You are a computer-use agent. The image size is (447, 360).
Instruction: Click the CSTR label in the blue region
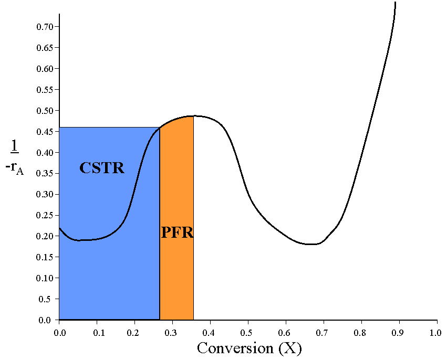(x=102, y=168)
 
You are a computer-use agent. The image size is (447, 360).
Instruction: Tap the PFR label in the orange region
(x=177, y=232)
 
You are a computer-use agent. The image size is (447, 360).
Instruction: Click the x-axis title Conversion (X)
(x=250, y=348)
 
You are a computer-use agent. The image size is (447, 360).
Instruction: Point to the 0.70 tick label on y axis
(x=45, y=26)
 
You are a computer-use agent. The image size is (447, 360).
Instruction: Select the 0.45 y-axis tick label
(x=45, y=131)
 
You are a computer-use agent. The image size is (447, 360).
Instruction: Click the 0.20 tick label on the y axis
(x=45, y=236)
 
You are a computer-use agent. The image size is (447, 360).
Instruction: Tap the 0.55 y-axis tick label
(x=45, y=89)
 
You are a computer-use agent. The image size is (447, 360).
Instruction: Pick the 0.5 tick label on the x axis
(x=247, y=333)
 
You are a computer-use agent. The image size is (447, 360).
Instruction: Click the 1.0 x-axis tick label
(x=435, y=333)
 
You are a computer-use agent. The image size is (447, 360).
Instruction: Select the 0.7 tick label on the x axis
(x=323, y=333)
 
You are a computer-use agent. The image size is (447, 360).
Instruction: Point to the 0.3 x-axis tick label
(x=172, y=333)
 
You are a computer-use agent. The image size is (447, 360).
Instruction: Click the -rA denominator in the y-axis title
(x=15, y=169)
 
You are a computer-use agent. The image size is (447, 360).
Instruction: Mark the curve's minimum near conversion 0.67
(x=312, y=244)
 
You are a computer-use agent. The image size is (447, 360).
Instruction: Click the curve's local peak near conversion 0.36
(x=194, y=115)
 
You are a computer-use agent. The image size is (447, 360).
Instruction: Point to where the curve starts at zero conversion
(x=59, y=228)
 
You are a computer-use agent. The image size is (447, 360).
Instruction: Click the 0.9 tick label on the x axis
(x=398, y=333)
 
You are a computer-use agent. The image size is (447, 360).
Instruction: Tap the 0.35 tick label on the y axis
(x=45, y=173)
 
